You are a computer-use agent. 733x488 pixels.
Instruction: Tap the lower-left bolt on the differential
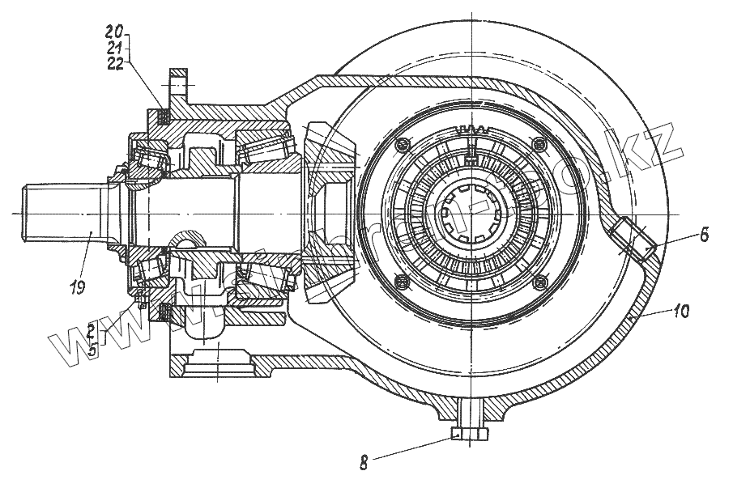click(x=400, y=281)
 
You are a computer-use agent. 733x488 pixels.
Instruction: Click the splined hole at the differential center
click(x=469, y=212)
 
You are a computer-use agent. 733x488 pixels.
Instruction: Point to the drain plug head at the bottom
click(x=469, y=435)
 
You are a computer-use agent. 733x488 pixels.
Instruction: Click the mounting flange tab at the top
click(x=180, y=82)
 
